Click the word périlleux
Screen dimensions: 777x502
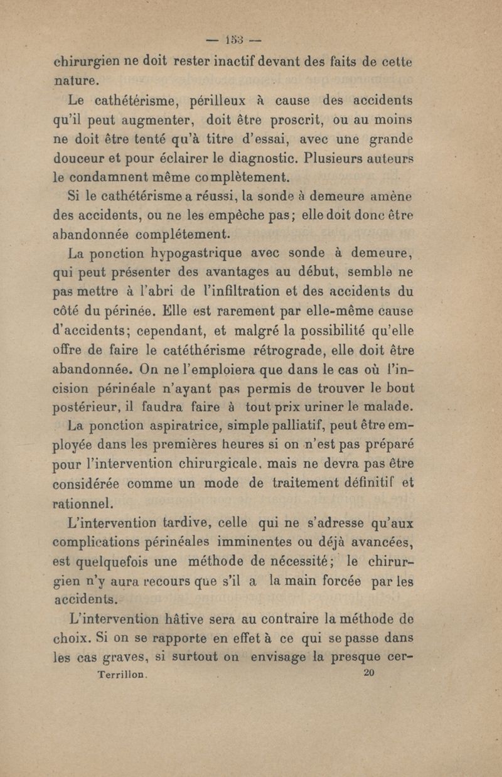[222, 100]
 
